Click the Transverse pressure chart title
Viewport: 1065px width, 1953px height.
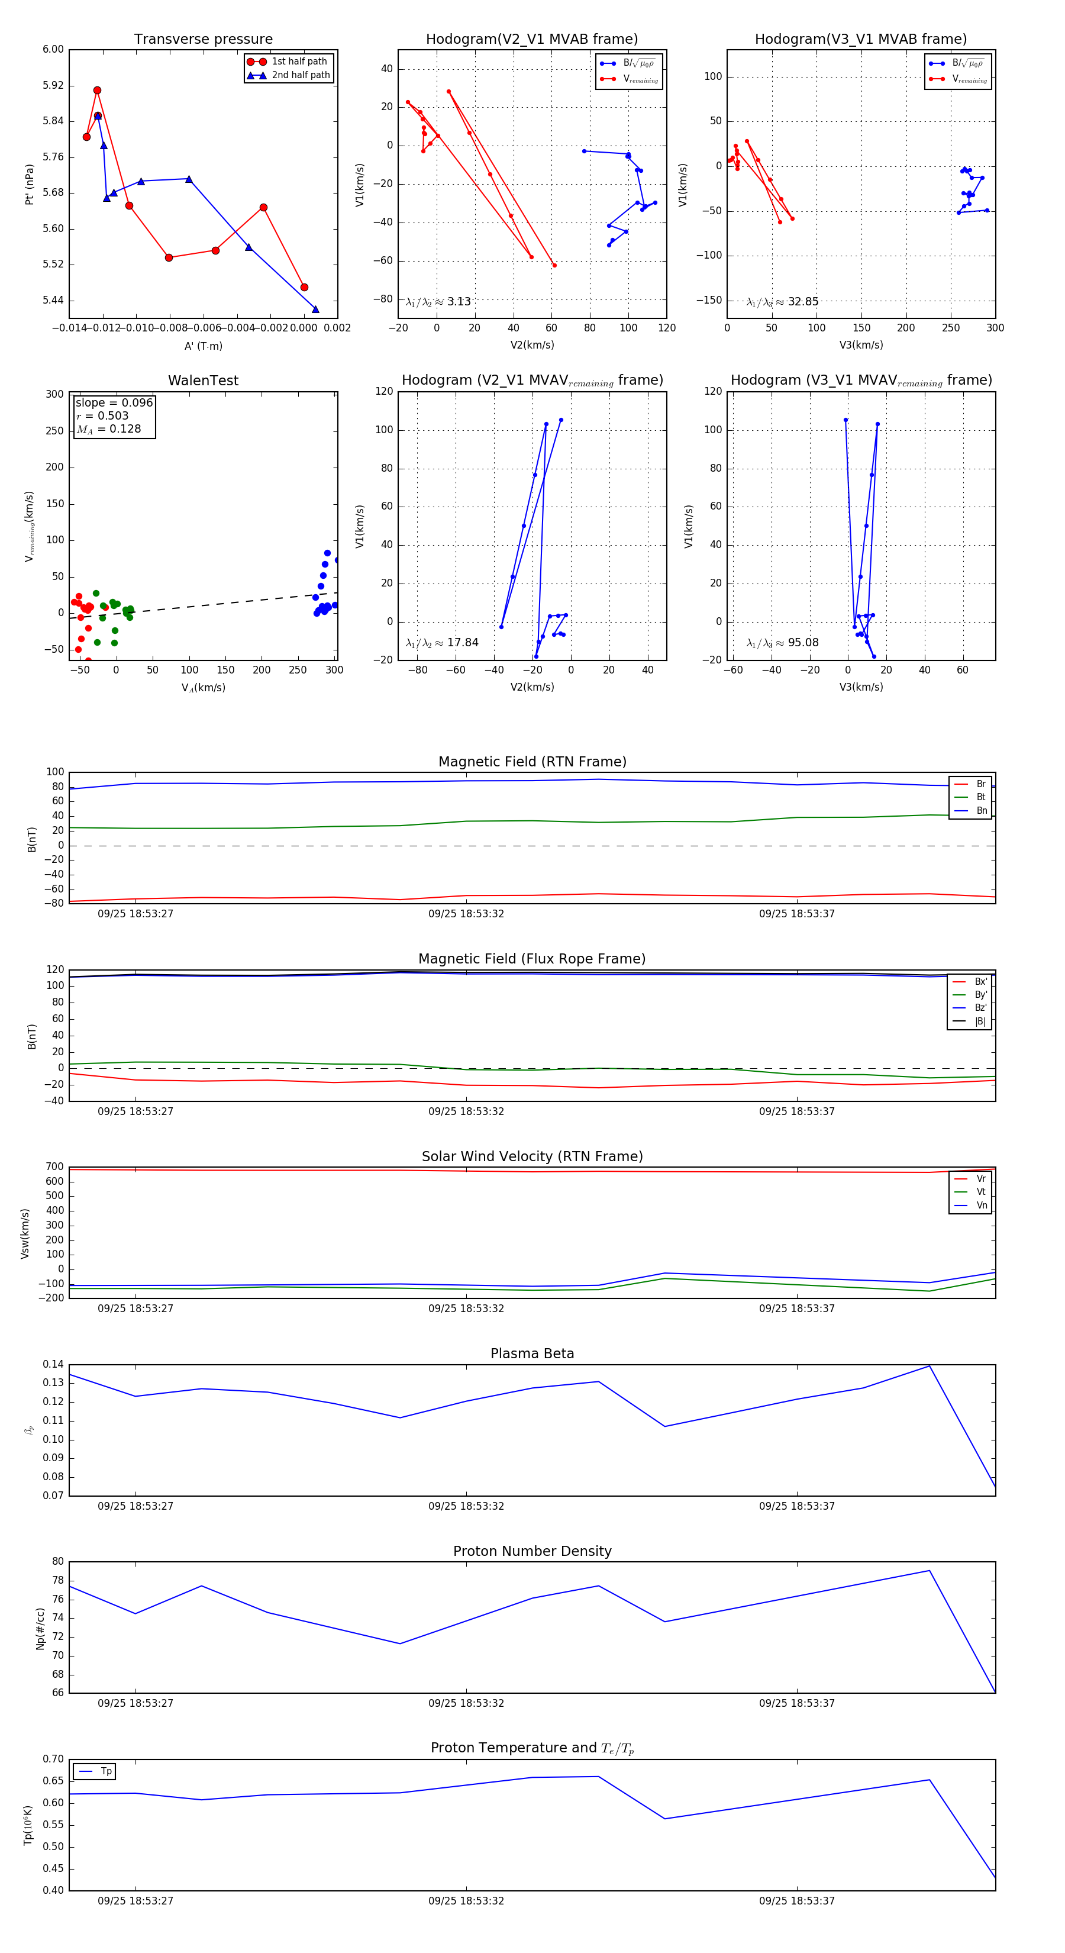(x=203, y=40)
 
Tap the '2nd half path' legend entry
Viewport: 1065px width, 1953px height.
(x=300, y=75)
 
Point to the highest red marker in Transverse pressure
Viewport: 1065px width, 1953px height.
(x=97, y=90)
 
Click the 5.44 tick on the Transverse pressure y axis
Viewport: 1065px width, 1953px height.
(x=53, y=300)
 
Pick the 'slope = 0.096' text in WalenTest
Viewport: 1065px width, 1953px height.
(x=114, y=402)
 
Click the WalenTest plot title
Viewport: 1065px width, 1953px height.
(x=203, y=381)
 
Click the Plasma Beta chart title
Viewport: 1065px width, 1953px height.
(x=532, y=1353)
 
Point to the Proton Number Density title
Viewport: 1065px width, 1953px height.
(x=532, y=1551)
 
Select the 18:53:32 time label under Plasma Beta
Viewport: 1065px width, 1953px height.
(x=466, y=1506)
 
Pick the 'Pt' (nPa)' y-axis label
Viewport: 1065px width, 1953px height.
(x=30, y=184)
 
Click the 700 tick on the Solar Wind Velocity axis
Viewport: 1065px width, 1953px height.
(x=54, y=1167)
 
